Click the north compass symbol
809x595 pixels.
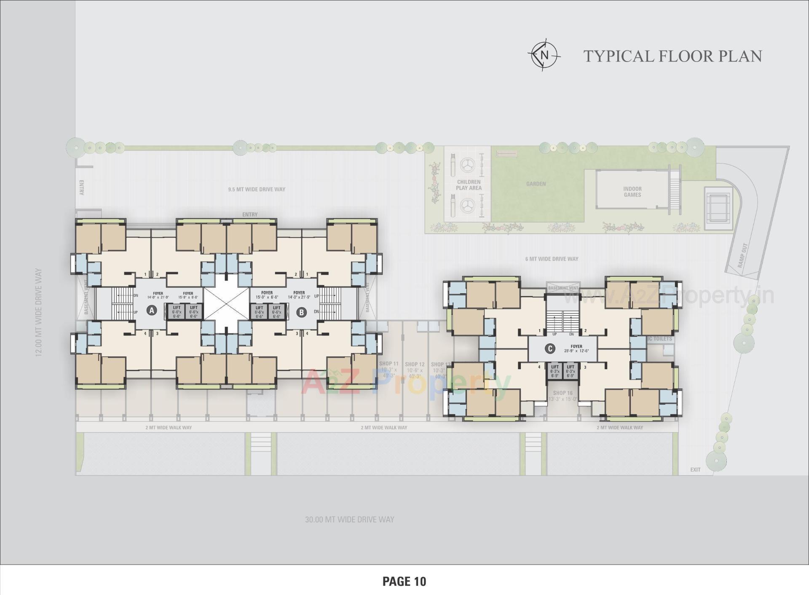[544, 55]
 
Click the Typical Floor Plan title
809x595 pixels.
[672, 56]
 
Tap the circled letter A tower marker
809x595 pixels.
[152, 311]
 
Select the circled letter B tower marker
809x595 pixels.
[301, 312]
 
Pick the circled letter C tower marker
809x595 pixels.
[549, 348]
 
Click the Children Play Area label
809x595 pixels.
[469, 185]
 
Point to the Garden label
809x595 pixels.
[536, 184]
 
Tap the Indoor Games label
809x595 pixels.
[632, 192]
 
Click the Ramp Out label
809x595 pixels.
[742, 255]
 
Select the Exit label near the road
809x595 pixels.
[695, 469]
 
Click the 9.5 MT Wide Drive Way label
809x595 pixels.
[257, 189]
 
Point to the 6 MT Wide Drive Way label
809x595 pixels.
[552, 259]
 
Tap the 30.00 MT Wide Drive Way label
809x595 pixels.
[350, 520]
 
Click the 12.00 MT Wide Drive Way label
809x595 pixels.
[39, 312]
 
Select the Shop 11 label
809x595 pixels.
[388, 364]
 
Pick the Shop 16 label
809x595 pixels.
[563, 393]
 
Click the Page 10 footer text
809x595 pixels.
[404, 582]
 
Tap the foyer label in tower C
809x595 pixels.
[576, 346]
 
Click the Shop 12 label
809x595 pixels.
[415, 365]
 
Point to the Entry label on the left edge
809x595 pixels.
[82, 188]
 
